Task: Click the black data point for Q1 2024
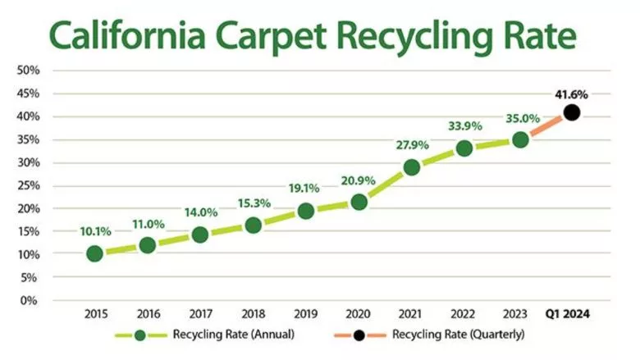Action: [572, 112]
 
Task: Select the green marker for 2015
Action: [94, 253]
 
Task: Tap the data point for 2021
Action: [412, 167]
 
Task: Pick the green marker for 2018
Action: [254, 226]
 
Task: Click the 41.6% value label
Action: [572, 94]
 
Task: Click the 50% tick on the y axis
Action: [28, 71]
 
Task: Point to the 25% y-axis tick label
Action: [28, 185]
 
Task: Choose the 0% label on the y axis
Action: [30, 300]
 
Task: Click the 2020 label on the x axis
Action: [359, 315]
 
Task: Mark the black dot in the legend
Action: [359, 335]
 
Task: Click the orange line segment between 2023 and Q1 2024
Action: [546, 125]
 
